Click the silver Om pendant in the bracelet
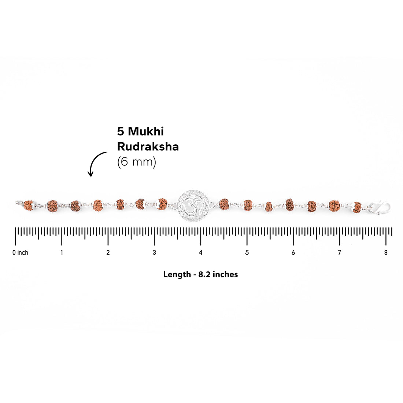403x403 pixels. tap(193, 206)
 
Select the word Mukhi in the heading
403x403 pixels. tap(146, 131)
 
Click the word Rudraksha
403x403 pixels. tap(148, 147)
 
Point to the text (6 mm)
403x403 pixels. tap(137, 162)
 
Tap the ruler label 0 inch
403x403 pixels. tap(20, 253)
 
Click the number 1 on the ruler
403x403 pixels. tap(62, 253)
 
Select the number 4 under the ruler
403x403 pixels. tap(200, 253)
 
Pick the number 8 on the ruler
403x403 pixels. tap(386, 253)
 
